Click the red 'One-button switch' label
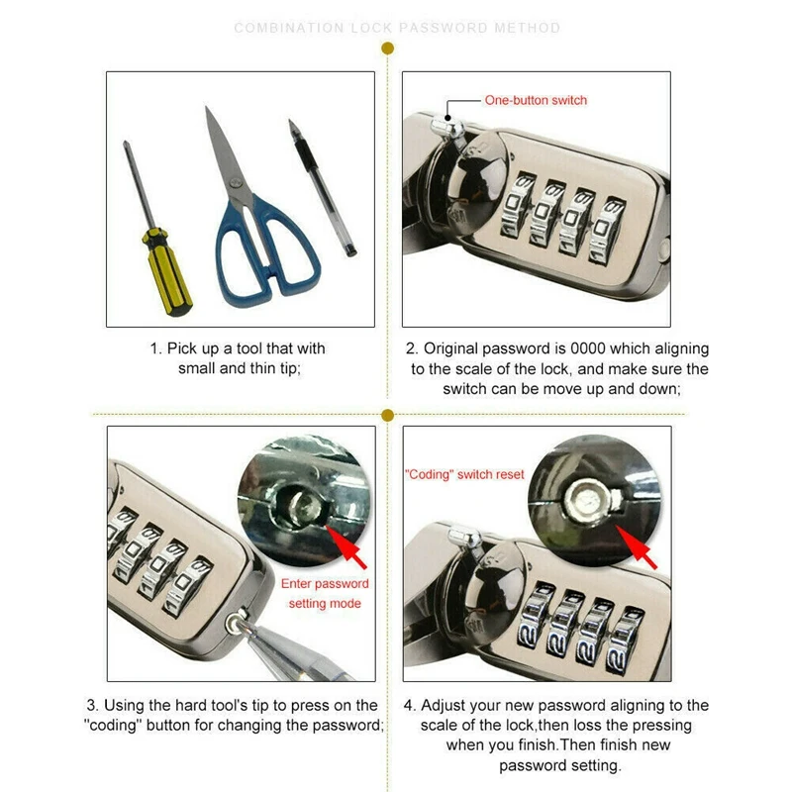coord(536,100)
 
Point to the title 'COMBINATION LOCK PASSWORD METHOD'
coord(397,28)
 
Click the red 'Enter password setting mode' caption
coord(325,594)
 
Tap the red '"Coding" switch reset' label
coord(464,474)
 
